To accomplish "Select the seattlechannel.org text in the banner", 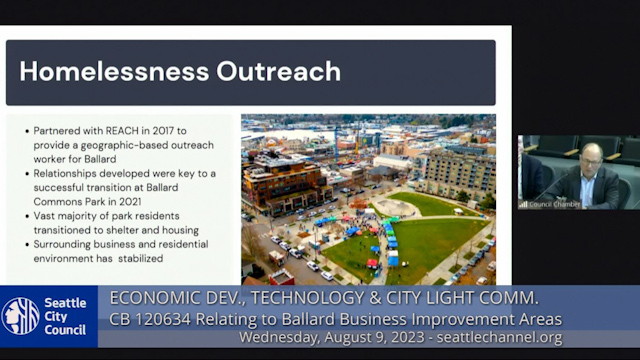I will (506, 338).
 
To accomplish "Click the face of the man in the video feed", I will (590, 157).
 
